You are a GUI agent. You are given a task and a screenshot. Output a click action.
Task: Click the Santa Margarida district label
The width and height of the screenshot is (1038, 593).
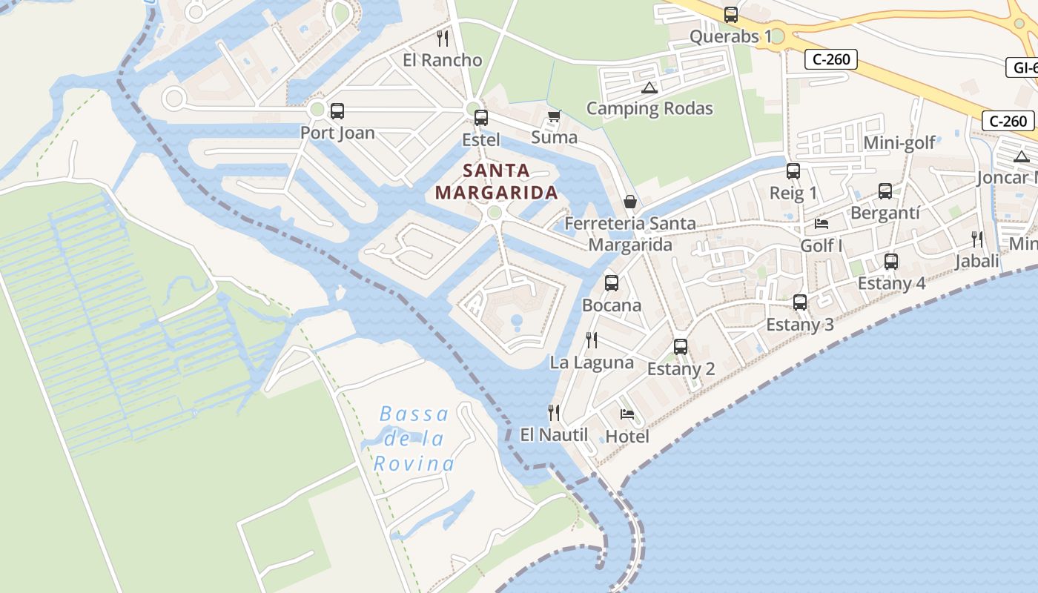point(496,182)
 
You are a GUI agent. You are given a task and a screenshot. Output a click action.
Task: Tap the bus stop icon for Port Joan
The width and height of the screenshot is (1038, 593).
point(337,111)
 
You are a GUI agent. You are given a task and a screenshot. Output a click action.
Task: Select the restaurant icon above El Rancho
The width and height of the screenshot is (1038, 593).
point(443,38)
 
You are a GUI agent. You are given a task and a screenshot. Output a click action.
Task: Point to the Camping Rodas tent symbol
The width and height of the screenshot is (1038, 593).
point(649,87)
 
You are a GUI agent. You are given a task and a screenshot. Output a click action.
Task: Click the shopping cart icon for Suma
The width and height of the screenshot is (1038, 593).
point(554,116)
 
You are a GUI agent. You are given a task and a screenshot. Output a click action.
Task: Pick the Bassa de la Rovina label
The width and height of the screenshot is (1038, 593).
point(414,439)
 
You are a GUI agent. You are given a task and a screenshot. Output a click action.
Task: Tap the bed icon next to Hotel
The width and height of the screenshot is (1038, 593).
point(627,414)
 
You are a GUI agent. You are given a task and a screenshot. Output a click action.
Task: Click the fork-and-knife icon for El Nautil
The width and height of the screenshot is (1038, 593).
point(553,412)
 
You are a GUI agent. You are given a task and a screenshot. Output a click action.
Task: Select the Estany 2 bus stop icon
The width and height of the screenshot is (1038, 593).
point(681,346)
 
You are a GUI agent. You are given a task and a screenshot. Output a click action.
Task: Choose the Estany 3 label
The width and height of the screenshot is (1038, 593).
point(799,325)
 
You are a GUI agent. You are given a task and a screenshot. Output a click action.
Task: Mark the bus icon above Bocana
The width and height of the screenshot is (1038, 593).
point(612,282)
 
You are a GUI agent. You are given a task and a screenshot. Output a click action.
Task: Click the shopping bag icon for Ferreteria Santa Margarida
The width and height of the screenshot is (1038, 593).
point(630,201)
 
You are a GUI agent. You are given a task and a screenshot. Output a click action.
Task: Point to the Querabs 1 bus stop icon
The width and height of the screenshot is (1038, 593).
point(731,14)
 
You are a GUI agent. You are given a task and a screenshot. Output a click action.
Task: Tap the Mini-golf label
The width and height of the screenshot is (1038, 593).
point(900,143)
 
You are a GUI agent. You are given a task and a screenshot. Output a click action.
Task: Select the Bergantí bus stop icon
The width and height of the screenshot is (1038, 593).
point(885,191)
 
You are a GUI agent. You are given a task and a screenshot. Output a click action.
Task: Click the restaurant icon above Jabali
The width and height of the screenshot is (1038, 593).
point(977,239)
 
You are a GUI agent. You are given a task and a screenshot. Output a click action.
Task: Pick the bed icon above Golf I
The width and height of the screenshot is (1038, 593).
point(822,223)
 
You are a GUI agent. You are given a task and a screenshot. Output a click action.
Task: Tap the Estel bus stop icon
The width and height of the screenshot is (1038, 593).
point(481,117)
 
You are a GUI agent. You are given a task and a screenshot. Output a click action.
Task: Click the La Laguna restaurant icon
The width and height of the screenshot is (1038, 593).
point(592,339)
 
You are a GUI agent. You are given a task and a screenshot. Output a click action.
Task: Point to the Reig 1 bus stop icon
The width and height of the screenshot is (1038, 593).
point(793,171)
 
